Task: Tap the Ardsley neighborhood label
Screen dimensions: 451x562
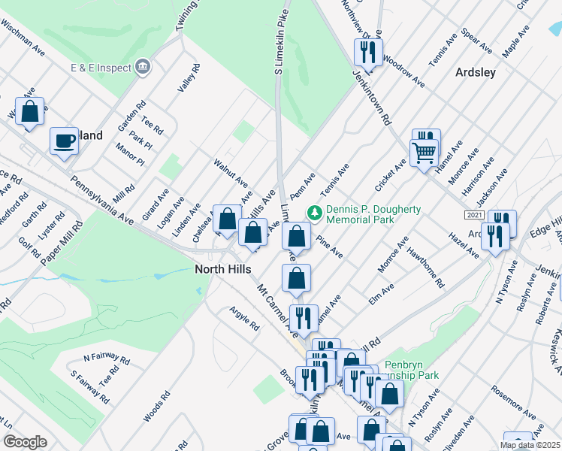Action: pos(476,72)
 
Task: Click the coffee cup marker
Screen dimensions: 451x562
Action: pos(65,141)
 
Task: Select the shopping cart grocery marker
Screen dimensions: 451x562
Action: pos(425,153)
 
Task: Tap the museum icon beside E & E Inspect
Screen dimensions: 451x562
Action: pos(143,68)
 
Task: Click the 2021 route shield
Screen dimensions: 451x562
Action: pos(474,215)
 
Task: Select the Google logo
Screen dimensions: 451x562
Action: pos(26,442)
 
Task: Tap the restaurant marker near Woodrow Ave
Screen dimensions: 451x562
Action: pos(367,52)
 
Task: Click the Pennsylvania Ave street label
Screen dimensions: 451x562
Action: pos(101,200)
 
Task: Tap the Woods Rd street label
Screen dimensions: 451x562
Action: pos(156,406)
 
